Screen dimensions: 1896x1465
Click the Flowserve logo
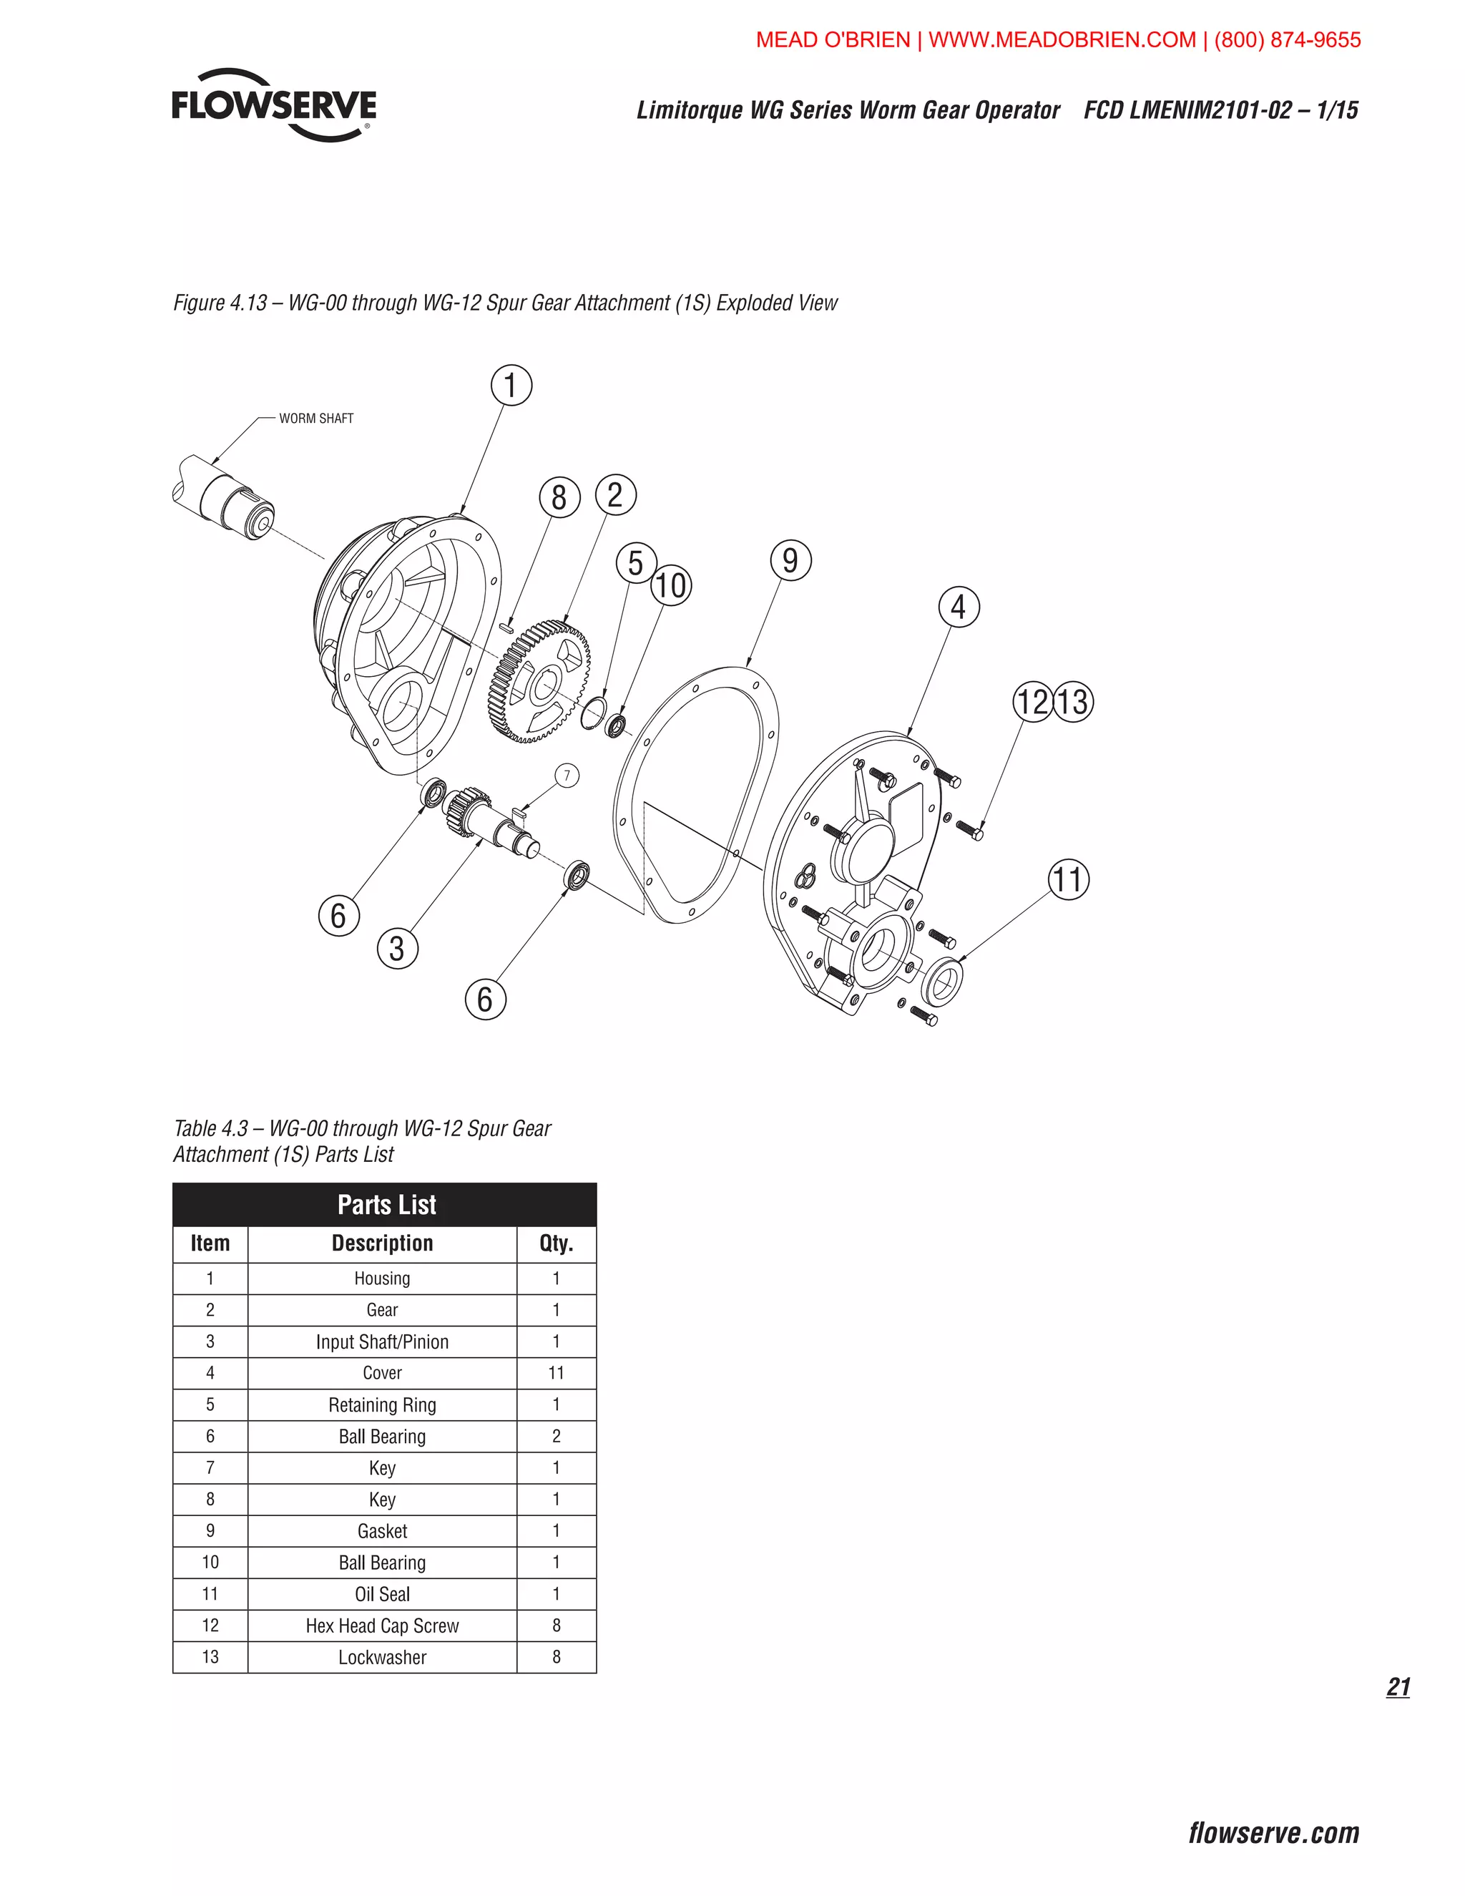pyautogui.click(x=274, y=105)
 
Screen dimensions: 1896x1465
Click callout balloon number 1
pyautogui.click(x=511, y=386)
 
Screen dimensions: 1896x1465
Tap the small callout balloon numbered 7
pyautogui.click(x=567, y=776)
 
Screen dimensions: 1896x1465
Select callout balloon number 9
pyautogui.click(x=790, y=561)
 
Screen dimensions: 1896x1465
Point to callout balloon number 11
pyautogui.click(x=1069, y=879)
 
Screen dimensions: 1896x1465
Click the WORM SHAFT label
pyautogui.click(x=316, y=419)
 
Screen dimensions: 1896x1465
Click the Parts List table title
pyautogui.click(x=386, y=1205)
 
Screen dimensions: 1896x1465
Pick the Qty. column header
pyautogui.click(x=557, y=1243)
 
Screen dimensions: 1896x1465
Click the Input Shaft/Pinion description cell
pyautogui.click(x=382, y=1342)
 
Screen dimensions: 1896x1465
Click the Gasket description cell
pyautogui.click(x=382, y=1531)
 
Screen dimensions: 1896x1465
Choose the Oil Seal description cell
pyautogui.click(x=382, y=1595)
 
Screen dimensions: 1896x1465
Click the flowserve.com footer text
pyautogui.click(x=1273, y=1832)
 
